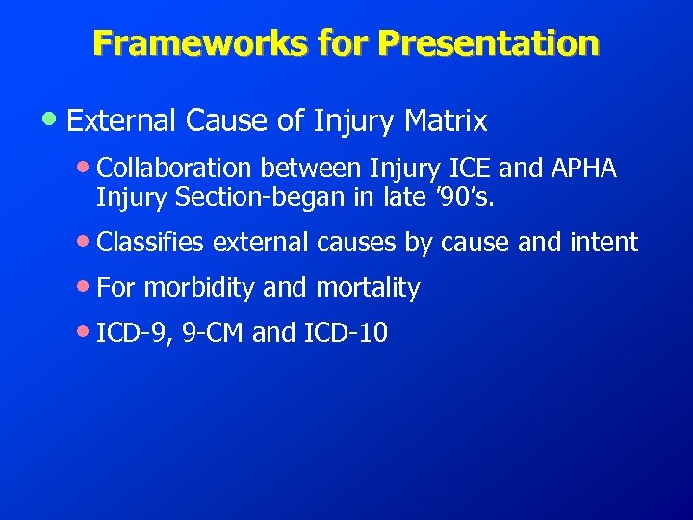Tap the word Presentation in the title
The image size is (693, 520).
[488, 42]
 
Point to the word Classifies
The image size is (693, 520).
[151, 243]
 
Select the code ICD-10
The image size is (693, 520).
[346, 333]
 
